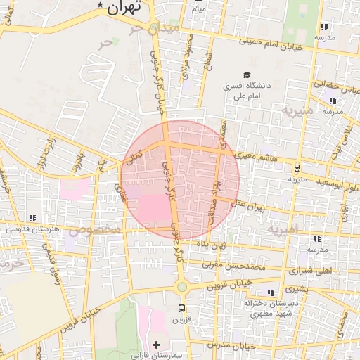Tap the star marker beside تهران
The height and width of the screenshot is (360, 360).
[101, 6]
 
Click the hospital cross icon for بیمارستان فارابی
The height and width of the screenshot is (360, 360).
[156, 345]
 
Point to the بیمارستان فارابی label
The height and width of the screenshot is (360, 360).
[157, 355]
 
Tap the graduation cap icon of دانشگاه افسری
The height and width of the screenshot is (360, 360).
[246, 75]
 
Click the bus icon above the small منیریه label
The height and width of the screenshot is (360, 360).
[297, 168]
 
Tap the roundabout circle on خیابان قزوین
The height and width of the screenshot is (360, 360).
[182, 286]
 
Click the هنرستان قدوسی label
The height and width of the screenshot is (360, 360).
[33, 229]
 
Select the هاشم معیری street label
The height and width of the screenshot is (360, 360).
[258, 157]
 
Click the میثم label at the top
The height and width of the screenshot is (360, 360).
[198, 10]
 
